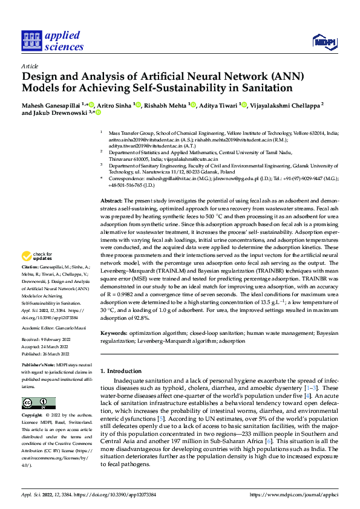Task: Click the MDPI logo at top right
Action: (x=324, y=41)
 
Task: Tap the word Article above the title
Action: (x=30, y=65)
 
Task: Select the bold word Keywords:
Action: (x=114, y=334)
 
